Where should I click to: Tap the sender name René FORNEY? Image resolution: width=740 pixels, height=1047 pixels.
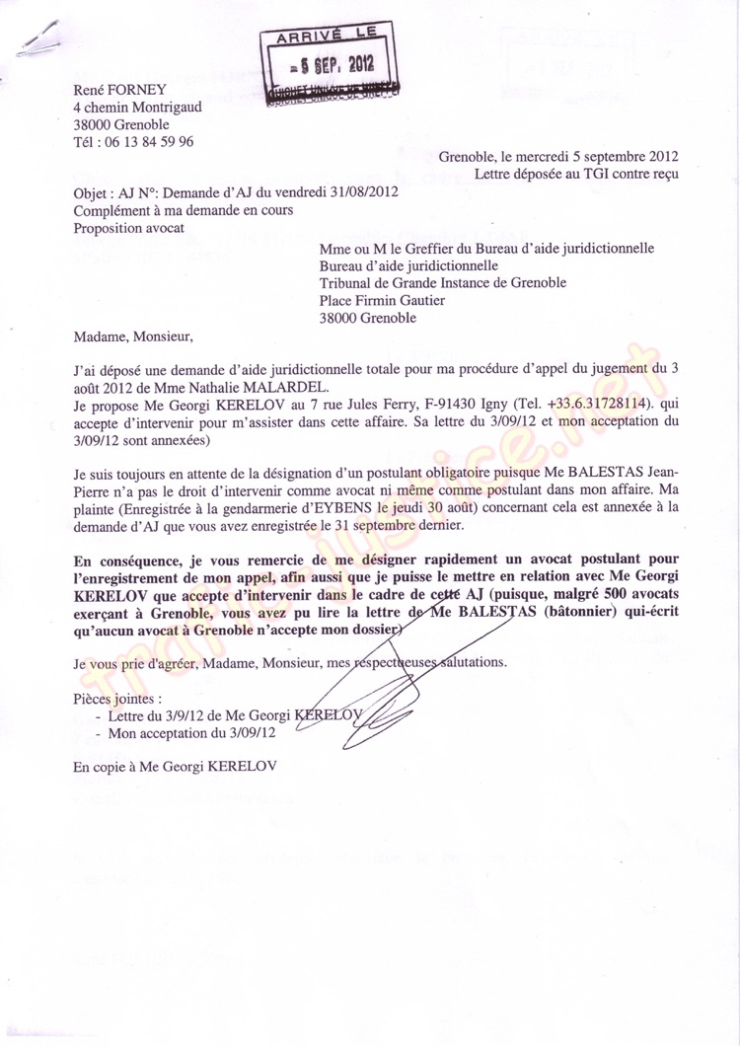point(114,90)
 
